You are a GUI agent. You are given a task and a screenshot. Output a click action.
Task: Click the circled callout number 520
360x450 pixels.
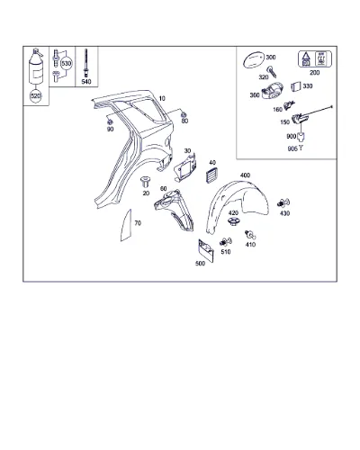point(35,96)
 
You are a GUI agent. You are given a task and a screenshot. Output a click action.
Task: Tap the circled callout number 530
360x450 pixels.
point(67,64)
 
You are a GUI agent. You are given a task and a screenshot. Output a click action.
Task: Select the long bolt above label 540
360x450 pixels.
point(86,63)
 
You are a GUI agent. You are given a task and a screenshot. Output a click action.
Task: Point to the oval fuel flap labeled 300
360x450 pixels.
point(254,59)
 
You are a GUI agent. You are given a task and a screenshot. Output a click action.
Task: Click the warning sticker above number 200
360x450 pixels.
point(315,58)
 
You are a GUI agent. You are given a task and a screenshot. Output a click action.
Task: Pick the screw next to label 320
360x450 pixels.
point(272,72)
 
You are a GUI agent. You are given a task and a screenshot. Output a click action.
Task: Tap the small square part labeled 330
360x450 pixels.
point(296,86)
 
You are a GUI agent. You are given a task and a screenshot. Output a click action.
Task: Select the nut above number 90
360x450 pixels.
point(110,121)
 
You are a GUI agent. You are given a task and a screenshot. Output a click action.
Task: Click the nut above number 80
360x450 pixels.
point(184,114)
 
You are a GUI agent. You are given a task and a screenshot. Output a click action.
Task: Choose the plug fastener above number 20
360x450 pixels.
point(146,183)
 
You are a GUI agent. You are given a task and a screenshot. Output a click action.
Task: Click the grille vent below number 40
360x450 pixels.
point(212,175)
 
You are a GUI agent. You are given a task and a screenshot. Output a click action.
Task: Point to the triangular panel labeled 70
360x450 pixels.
point(127,226)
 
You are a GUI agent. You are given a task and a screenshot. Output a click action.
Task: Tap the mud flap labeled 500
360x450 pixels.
point(206,250)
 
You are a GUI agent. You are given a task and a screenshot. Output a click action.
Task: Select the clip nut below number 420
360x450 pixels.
point(233,222)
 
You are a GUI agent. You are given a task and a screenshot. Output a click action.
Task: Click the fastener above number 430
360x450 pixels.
point(283,203)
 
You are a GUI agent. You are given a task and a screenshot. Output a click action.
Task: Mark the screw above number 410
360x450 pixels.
point(250,235)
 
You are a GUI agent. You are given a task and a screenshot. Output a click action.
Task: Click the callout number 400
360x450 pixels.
point(245,175)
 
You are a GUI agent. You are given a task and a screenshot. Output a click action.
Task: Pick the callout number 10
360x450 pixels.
point(162,98)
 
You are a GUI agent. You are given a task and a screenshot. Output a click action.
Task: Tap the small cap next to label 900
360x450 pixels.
point(301,137)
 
